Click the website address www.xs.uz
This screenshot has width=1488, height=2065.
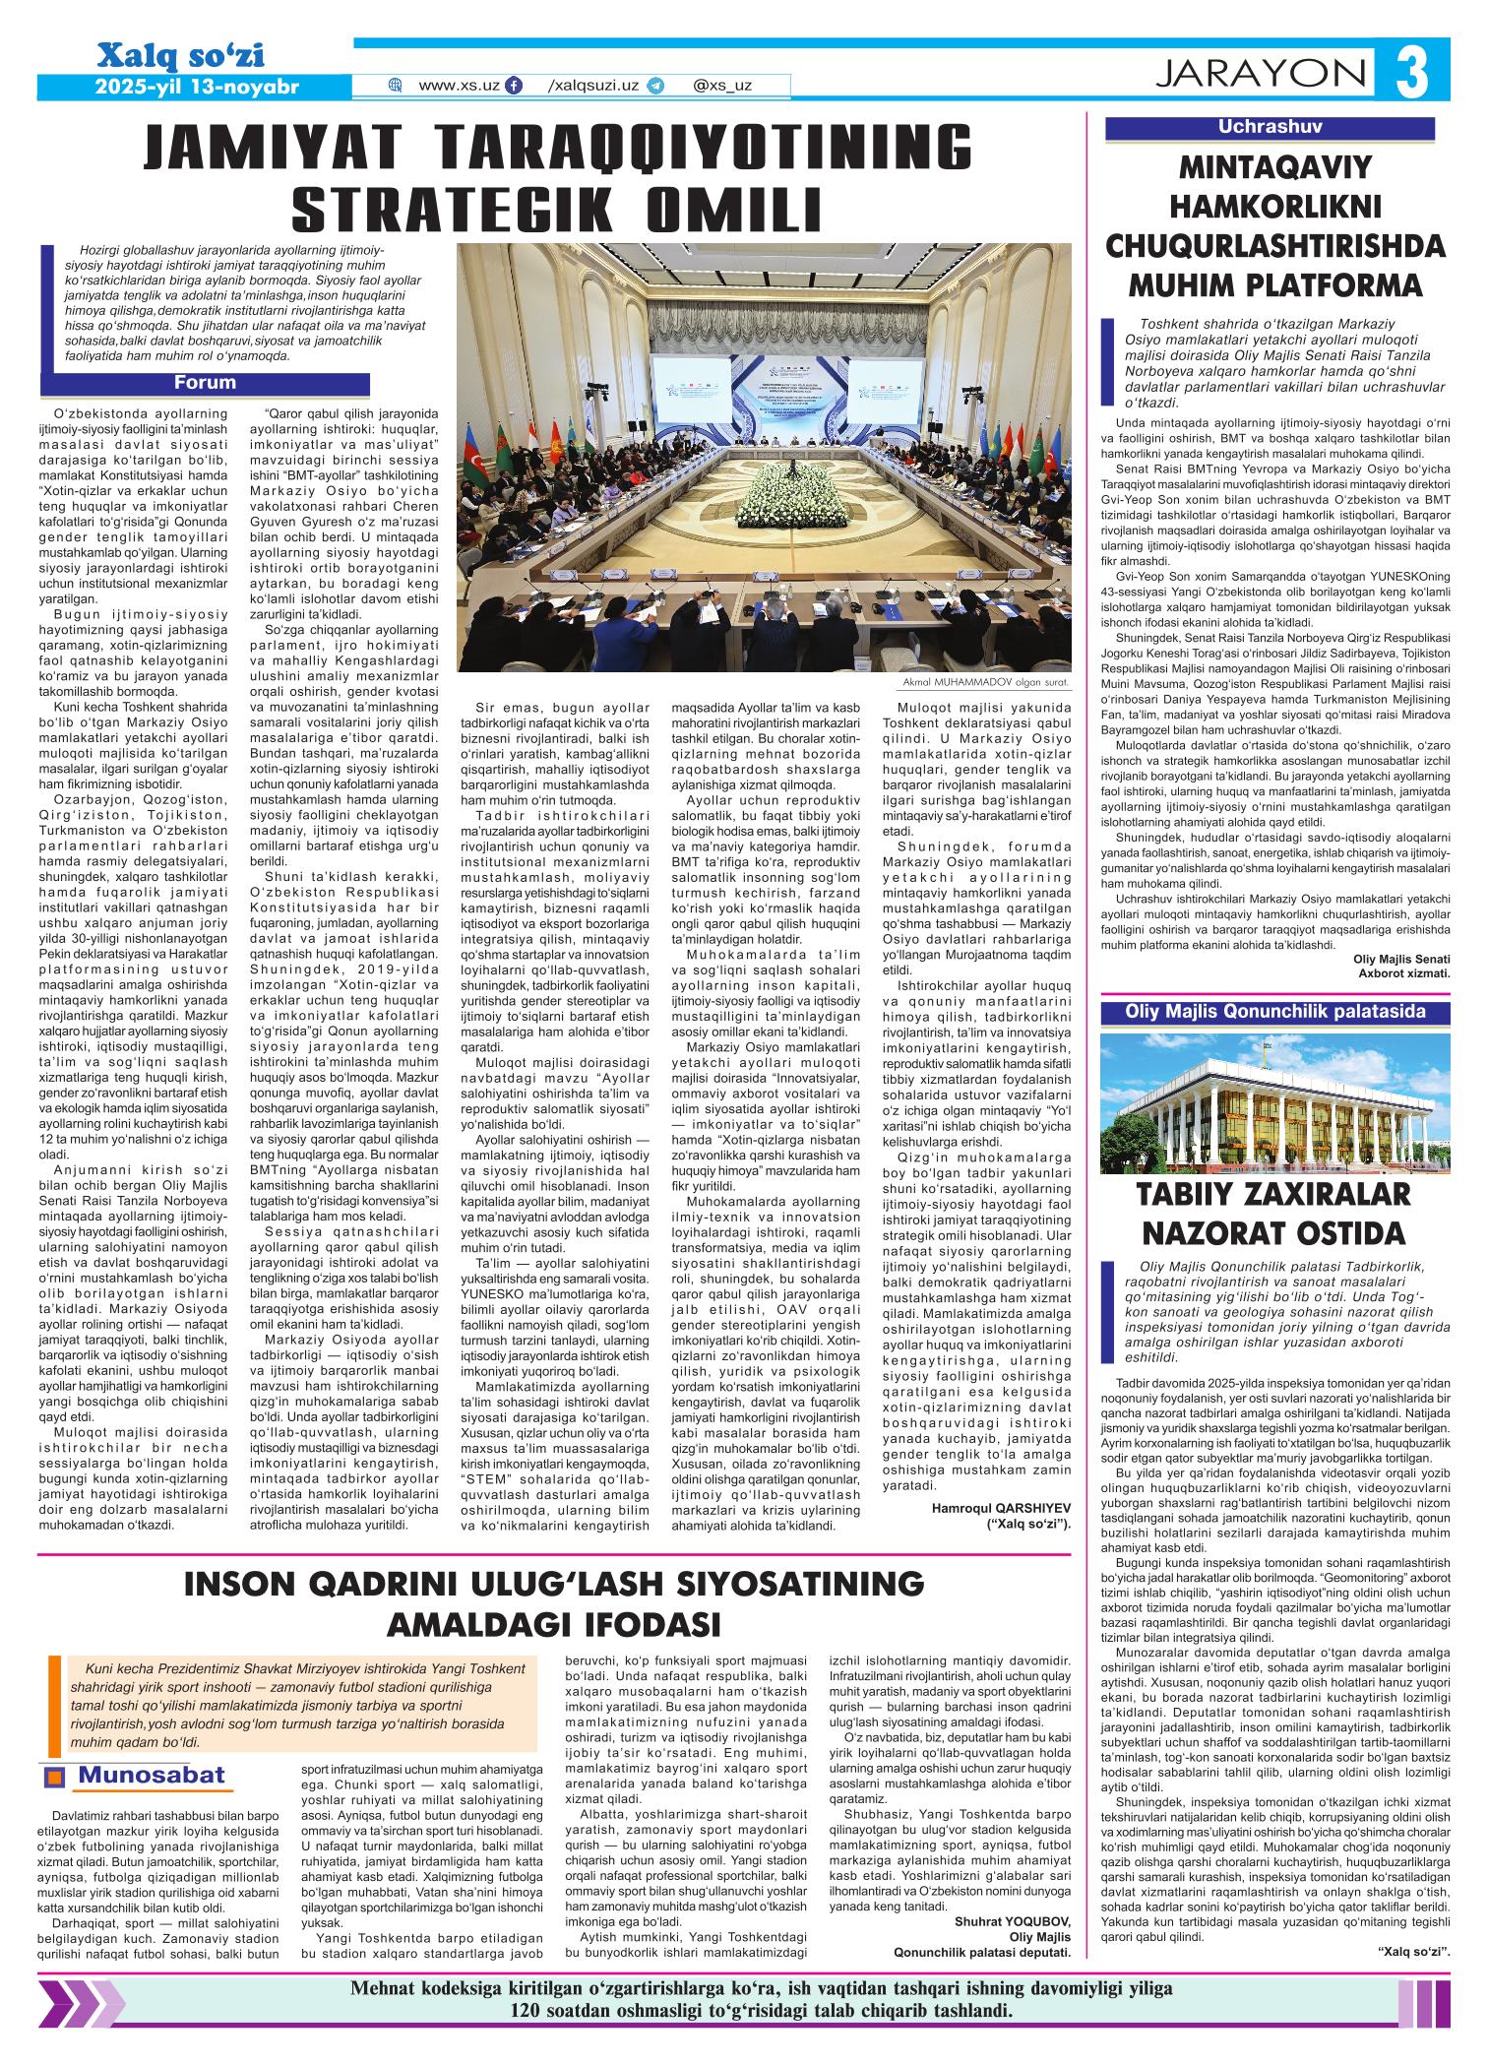click(x=459, y=86)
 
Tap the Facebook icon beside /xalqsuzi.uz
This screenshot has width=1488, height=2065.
click(x=513, y=86)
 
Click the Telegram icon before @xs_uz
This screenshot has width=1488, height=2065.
click(x=655, y=86)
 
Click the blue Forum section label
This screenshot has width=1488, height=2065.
click(x=205, y=383)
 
